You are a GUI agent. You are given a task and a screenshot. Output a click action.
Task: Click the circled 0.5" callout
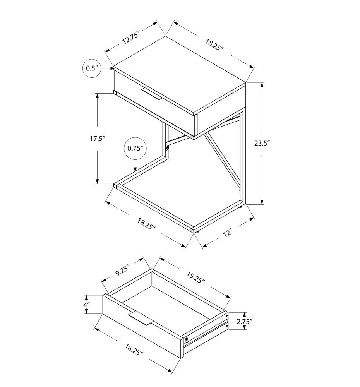pyautogui.click(x=92, y=68)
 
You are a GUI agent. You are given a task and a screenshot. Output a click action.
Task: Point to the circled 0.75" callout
pyautogui.click(x=135, y=148)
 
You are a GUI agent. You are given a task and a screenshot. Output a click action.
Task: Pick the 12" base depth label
pyautogui.click(x=227, y=233)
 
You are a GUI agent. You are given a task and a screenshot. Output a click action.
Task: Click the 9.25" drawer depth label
pyautogui.click(x=122, y=269)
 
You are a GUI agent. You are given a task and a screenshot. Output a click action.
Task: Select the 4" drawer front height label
pyautogui.click(x=86, y=305)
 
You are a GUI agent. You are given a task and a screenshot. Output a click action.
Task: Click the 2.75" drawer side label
pyautogui.click(x=244, y=321)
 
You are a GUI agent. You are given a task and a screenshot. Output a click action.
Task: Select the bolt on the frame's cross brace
pyautogui.click(x=167, y=148)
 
